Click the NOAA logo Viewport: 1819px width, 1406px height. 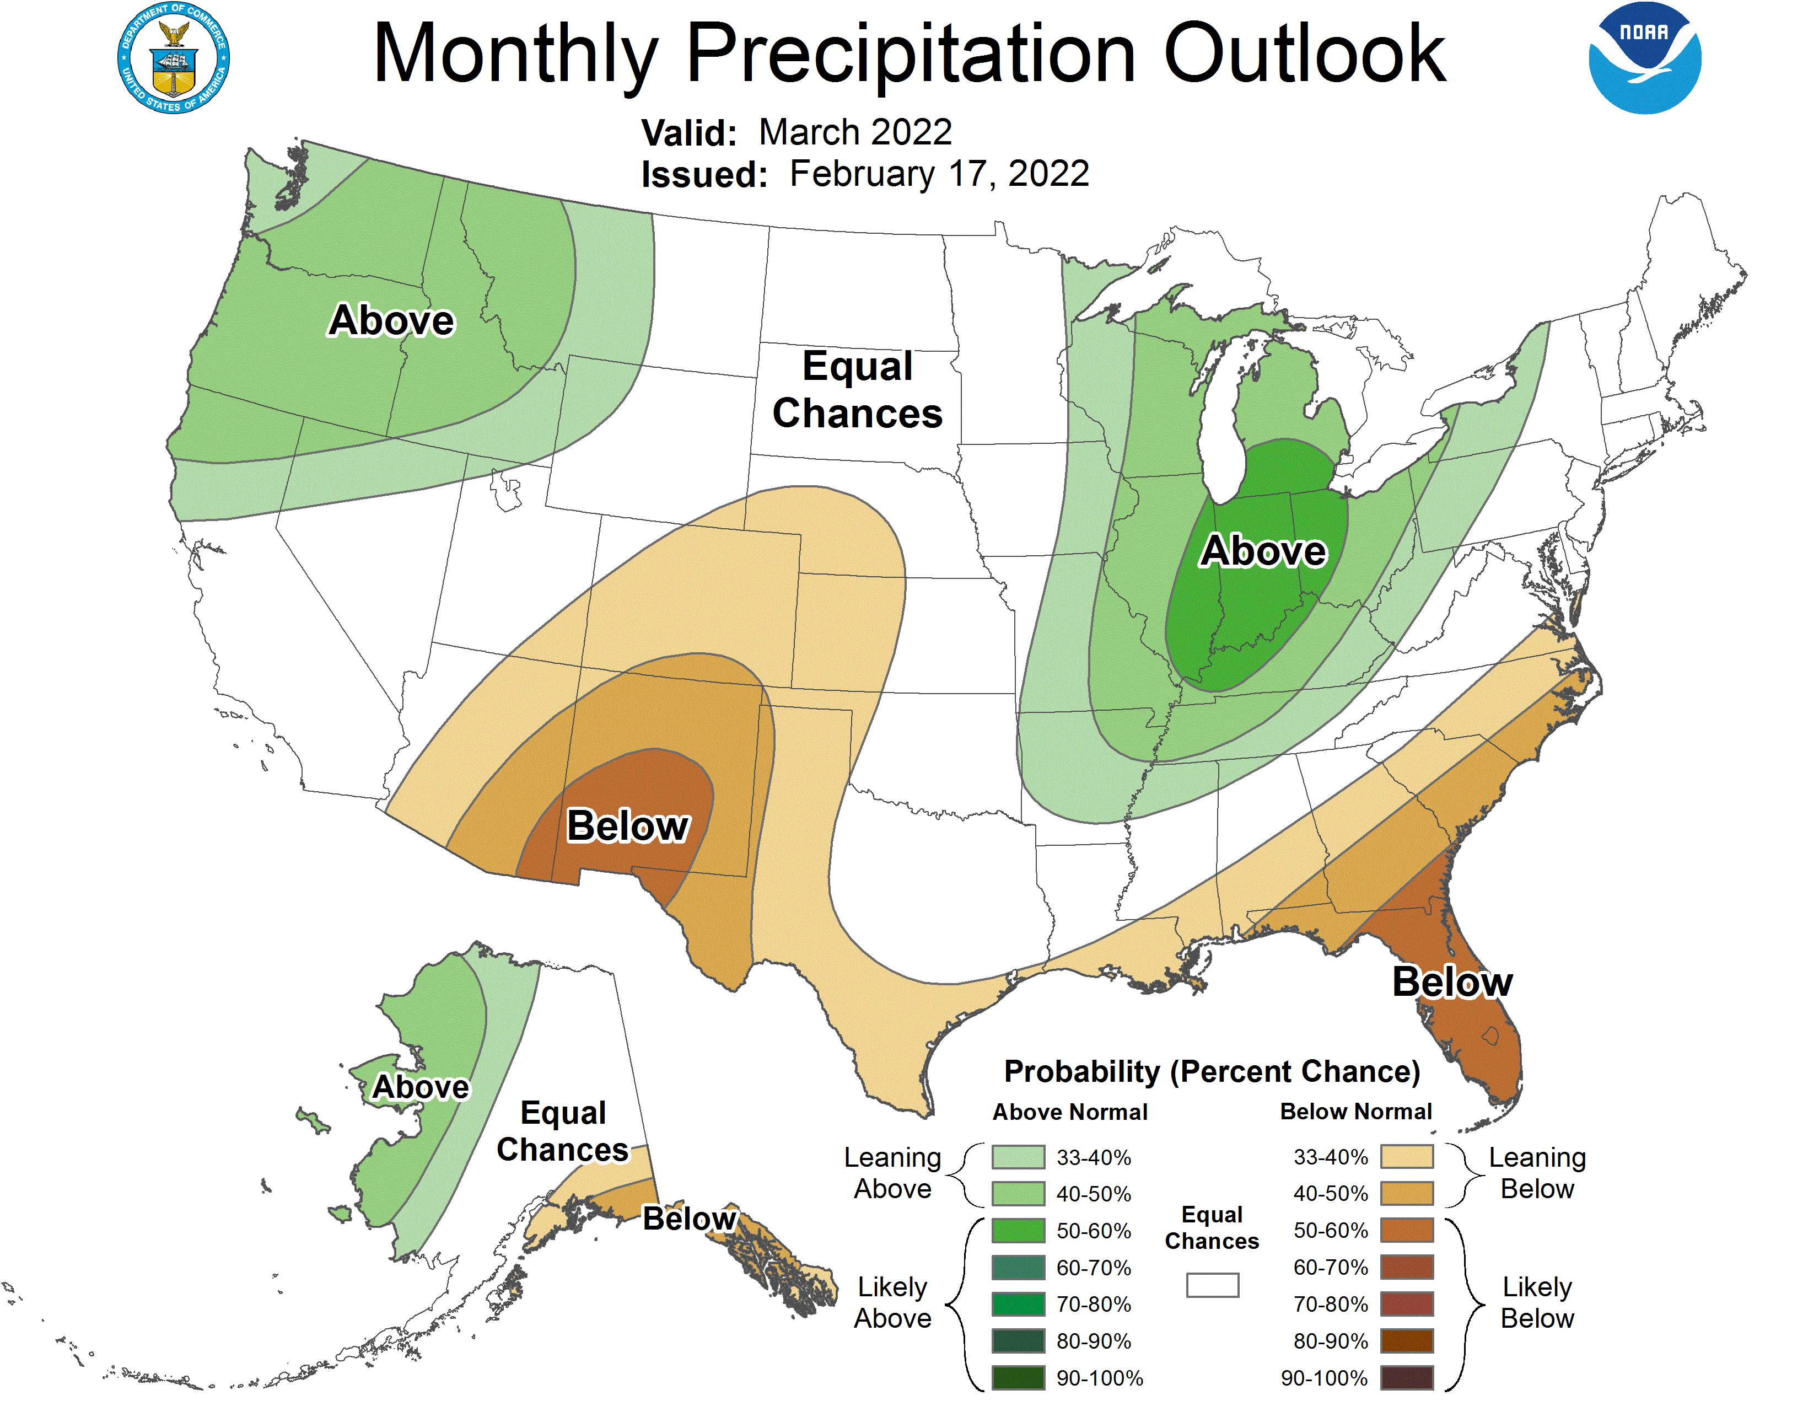[1644, 58]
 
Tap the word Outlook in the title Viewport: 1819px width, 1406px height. [1304, 54]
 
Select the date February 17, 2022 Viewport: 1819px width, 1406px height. [939, 174]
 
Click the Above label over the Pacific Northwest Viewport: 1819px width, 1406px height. [391, 321]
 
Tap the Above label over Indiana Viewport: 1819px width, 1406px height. [1263, 551]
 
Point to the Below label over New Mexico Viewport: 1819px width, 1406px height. [628, 827]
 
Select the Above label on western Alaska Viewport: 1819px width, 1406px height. [421, 1087]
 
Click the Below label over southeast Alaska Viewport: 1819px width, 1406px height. [690, 1219]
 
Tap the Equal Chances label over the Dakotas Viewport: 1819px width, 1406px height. [857, 390]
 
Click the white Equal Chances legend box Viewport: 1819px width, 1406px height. [1212, 1285]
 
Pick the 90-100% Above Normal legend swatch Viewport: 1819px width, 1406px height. [1018, 1378]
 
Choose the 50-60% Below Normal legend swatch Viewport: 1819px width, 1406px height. [1407, 1230]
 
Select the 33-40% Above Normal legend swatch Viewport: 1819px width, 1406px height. [1018, 1157]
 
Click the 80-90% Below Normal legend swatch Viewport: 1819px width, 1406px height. [1407, 1341]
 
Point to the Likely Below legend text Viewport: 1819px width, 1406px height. [1537, 1303]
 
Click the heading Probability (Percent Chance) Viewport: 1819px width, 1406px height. [1212, 1071]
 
